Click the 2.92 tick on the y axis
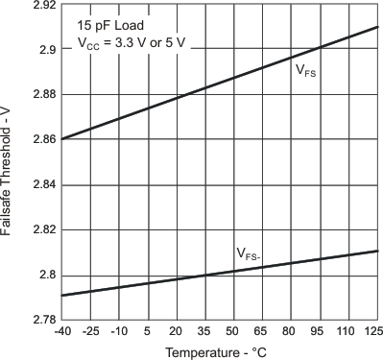39,7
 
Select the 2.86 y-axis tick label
39,140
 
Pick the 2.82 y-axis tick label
39,230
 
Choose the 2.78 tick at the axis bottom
39,321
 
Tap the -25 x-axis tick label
89,332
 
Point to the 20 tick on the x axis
176,332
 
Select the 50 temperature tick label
233,332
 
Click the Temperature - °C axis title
218,352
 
